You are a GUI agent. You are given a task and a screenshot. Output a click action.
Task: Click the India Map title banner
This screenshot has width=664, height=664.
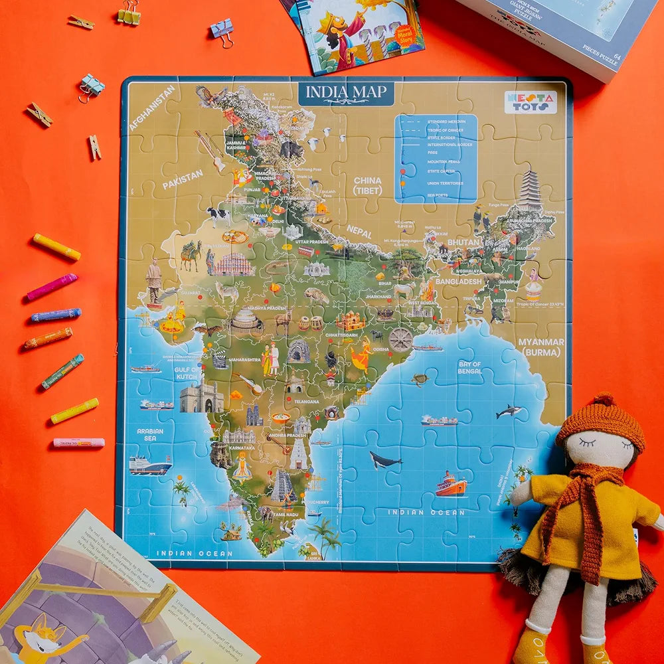pos(346,92)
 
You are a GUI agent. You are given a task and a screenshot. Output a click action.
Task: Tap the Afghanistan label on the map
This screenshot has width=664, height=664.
pos(152,108)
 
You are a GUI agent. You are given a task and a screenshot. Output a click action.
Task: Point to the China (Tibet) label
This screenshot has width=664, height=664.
pos(367,185)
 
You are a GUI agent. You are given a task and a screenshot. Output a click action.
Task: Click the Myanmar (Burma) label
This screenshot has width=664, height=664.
pos(542,347)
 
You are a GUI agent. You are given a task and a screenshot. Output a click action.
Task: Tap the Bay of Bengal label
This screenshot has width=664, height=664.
pos(469,367)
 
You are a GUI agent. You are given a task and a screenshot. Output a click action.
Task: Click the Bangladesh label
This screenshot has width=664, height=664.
pos(458,282)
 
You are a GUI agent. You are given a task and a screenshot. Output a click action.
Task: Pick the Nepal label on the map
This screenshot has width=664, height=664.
pos(359,232)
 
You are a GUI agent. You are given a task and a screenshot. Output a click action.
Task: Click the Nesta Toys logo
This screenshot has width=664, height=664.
pos(531,102)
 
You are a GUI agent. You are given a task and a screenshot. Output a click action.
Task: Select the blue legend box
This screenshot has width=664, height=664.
pos(436,158)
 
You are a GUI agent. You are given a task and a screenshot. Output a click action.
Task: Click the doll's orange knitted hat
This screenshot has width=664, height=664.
pos(601,421)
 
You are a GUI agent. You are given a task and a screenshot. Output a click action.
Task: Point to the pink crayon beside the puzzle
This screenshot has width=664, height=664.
pos(52,287)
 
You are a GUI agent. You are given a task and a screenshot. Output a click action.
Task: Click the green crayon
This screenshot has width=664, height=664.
pos(62,372)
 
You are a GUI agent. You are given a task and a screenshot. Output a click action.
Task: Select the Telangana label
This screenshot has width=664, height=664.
pos(306,402)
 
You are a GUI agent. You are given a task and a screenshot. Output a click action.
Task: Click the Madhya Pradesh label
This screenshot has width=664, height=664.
pos(266,309)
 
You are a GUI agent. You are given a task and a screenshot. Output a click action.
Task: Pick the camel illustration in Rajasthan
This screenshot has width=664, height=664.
pos(191,255)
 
